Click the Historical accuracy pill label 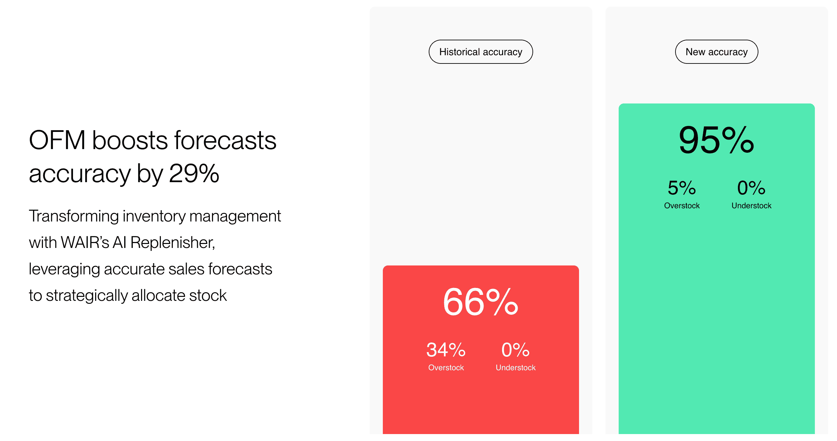click(481, 52)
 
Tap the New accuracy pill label click(716, 52)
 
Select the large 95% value click(716, 140)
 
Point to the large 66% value click(481, 302)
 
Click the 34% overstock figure click(446, 350)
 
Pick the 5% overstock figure click(682, 188)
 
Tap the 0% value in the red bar click(515, 350)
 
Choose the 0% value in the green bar click(751, 188)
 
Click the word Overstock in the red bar click(446, 368)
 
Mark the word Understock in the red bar click(516, 368)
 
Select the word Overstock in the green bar click(682, 206)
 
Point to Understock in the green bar click(751, 206)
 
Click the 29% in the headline click(194, 173)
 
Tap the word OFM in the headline click(57, 140)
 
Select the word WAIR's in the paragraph click(85, 242)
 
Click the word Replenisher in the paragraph click(173, 243)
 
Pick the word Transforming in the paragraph click(74, 217)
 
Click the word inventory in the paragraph click(154, 217)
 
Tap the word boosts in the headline click(130, 140)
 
